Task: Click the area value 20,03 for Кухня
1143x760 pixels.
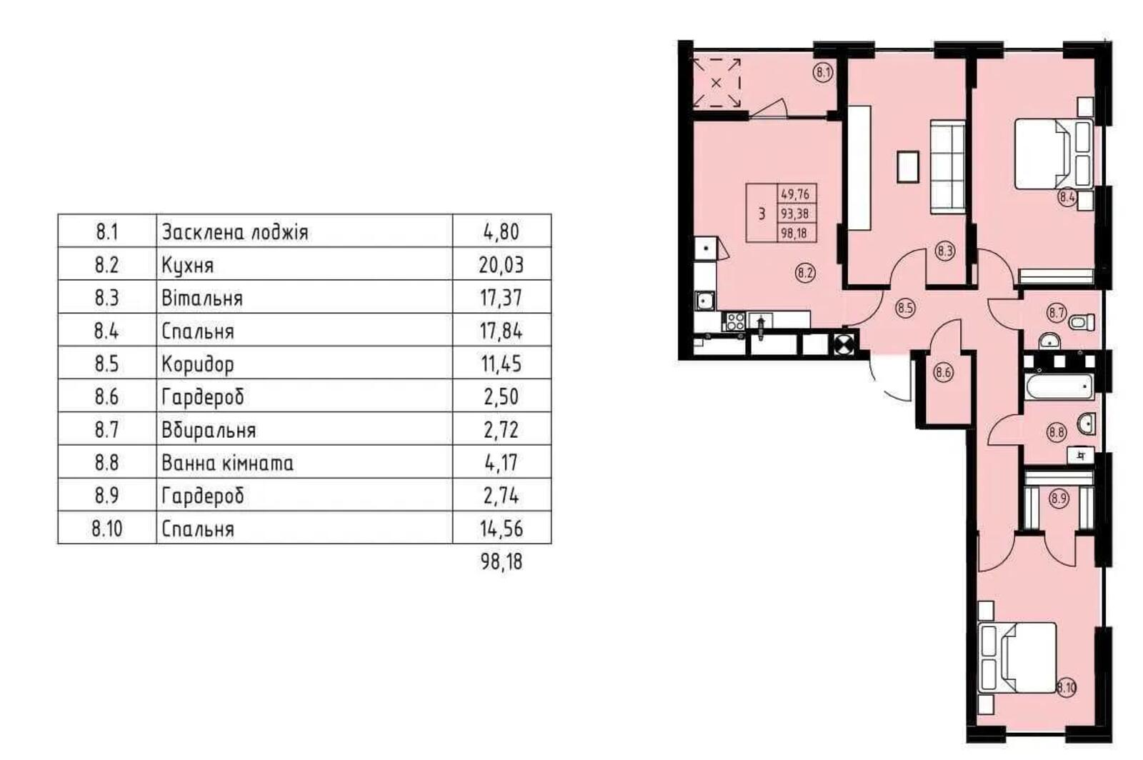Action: [x=501, y=265]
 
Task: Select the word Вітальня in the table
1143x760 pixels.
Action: [x=202, y=298]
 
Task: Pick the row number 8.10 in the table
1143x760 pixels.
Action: [x=107, y=529]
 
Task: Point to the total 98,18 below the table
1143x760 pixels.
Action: [x=501, y=561]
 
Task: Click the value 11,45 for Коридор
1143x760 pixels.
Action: [x=501, y=364]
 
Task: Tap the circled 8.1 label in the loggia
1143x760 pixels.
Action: [x=822, y=72]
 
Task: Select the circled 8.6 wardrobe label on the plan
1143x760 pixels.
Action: [x=944, y=372]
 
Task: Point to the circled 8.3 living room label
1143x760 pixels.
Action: [x=945, y=251]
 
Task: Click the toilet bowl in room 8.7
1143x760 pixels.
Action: [x=1082, y=322]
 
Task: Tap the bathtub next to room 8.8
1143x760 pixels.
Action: [x=1059, y=386]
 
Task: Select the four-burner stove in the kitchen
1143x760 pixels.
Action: [x=735, y=321]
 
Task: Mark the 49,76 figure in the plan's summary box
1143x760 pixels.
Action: [x=795, y=194]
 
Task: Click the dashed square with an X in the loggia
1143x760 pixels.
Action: [x=716, y=83]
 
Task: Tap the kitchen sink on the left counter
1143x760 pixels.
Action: [x=704, y=300]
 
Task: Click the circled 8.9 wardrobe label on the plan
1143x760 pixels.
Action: [x=1059, y=497]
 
